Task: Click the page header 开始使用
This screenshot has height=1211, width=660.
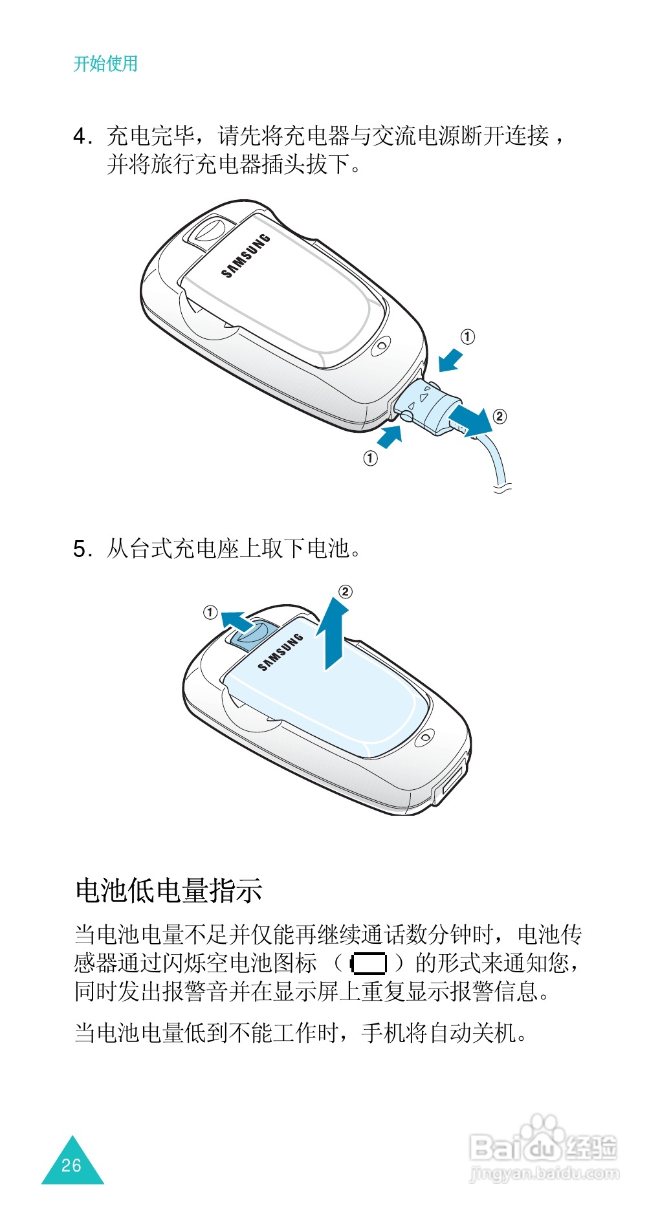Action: coord(105,63)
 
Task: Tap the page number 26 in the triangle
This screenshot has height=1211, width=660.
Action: coord(71,1165)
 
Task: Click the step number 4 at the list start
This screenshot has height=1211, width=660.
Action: coord(80,136)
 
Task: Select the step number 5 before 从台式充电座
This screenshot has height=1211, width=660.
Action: coord(80,549)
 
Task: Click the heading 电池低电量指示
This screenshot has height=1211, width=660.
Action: coord(168,890)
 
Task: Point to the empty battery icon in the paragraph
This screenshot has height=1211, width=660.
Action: coord(368,964)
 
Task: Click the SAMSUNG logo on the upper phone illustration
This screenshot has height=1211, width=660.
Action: coord(246,256)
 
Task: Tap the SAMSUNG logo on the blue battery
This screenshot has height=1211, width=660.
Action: coord(281,652)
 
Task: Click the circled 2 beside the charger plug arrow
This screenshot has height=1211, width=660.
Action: coord(500,416)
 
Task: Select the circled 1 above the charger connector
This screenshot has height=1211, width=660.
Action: coord(467,336)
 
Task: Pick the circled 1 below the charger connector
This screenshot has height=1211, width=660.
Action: coord(370,459)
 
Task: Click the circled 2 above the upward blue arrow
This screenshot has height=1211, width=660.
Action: coord(346,591)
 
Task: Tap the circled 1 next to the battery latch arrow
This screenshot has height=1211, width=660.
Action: coord(210,612)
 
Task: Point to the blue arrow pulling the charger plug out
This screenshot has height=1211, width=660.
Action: coord(470,420)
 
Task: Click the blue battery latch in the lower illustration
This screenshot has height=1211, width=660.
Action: coord(248,635)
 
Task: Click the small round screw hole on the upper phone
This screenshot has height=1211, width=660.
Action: coord(382,345)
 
